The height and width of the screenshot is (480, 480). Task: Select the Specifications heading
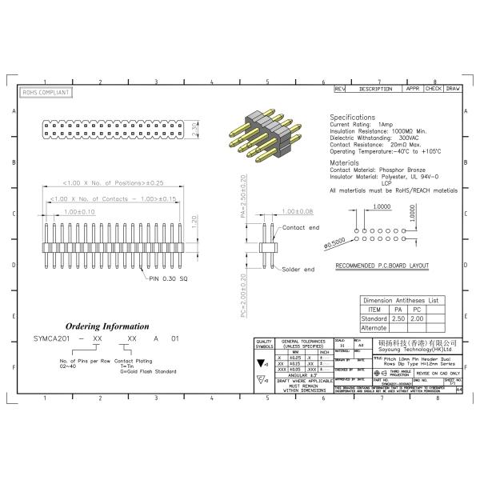coord(352,117)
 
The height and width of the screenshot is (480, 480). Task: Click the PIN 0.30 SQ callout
coord(170,278)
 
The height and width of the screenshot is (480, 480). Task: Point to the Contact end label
coord(300,227)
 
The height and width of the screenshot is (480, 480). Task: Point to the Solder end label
coord(298,269)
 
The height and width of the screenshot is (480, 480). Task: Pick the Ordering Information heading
coord(106,326)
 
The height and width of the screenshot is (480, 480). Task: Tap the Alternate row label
coord(374,328)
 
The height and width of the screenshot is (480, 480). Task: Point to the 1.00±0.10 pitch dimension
coord(80,211)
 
